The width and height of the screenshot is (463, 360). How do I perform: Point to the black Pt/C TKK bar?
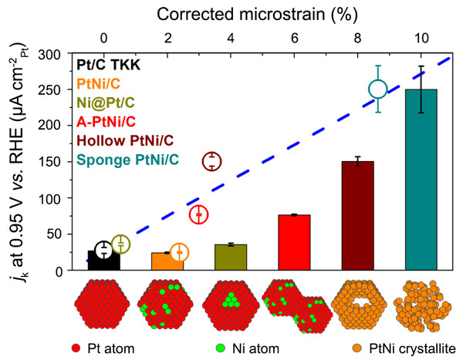(103, 260)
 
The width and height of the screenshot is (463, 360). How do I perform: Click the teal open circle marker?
(377, 89)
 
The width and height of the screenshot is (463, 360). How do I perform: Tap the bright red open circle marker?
(199, 214)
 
